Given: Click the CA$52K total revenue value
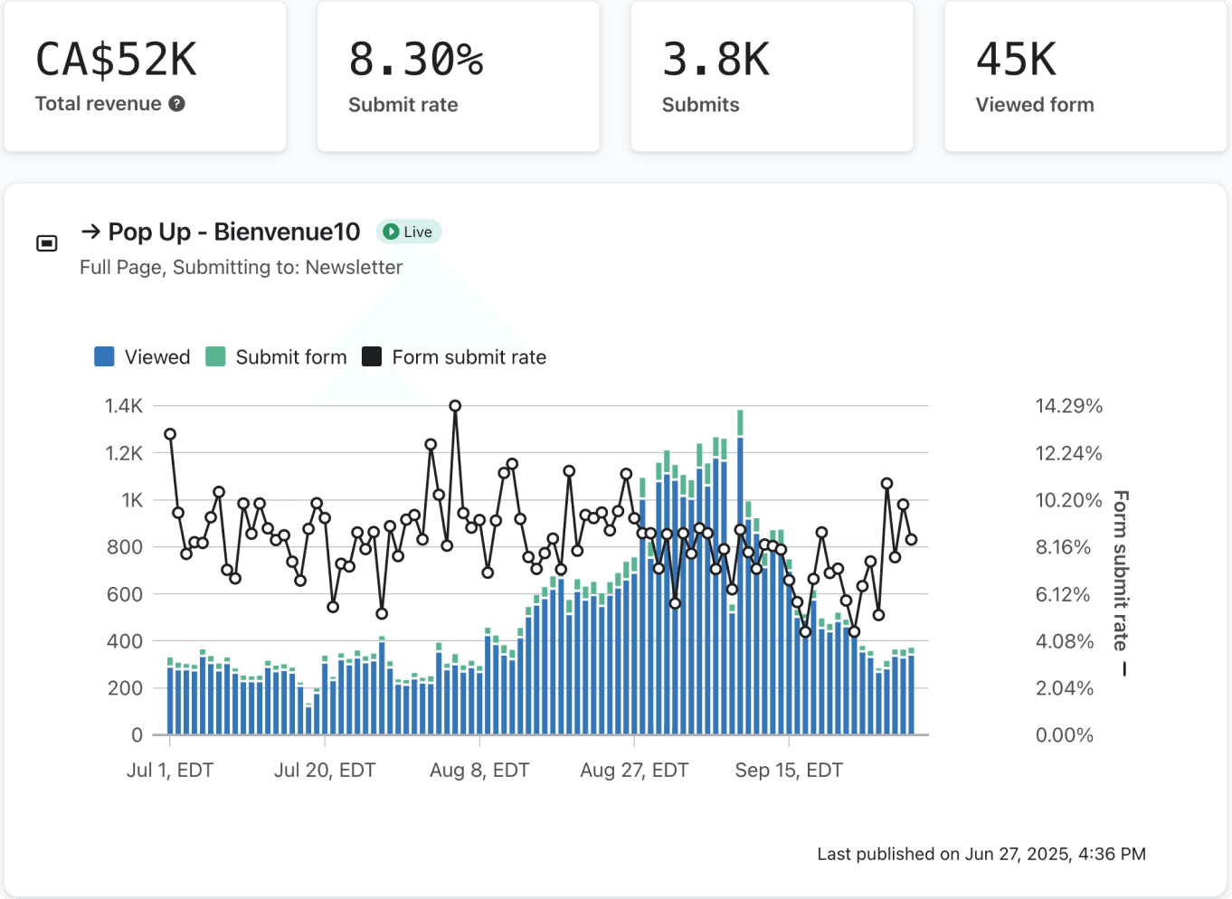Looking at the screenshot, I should pyautogui.click(x=116, y=60).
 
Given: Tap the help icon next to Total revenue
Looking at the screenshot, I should pyautogui.click(x=177, y=104).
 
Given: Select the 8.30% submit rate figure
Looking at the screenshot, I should pyautogui.click(x=416, y=60).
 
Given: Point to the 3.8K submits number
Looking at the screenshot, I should pyautogui.click(x=716, y=60).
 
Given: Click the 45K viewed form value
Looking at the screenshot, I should pyautogui.click(x=1016, y=60).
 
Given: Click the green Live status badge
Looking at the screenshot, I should pyautogui.click(x=408, y=232).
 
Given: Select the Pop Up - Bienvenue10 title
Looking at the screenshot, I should pyautogui.click(x=233, y=232).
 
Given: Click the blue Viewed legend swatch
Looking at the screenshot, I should pyautogui.click(x=104, y=356).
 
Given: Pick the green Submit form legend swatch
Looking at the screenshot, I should pyautogui.click(x=215, y=356).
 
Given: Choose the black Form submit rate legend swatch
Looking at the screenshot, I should pyautogui.click(x=372, y=356).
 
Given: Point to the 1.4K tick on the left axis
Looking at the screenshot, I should pyautogui.click(x=124, y=406).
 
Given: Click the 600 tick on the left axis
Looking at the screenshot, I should pyautogui.click(x=125, y=594).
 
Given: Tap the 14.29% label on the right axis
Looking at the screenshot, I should pyautogui.click(x=1068, y=406).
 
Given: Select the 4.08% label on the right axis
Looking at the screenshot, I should pyautogui.click(x=1065, y=641).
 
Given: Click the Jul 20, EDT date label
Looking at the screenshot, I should pyautogui.click(x=325, y=770).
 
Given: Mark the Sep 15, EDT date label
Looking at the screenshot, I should pyautogui.click(x=789, y=770).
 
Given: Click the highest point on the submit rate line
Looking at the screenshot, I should pyautogui.click(x=455, y=406).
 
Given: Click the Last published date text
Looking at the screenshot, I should pyautogui.click(x=981, y=854).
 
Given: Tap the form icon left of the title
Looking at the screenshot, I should pyautogui.click(x=47, y=242).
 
